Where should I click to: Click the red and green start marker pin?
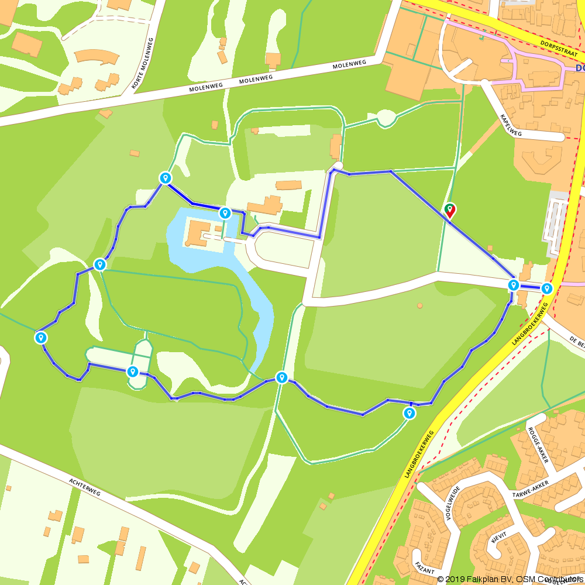pyautogui.click(x=450, y=210)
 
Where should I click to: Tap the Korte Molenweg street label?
pyautogui.click(x=143, y=64)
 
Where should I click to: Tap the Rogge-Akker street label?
pyautogui.click(x=538, y=445)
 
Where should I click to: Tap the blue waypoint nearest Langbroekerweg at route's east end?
pyautogui.click(x=546, y=288)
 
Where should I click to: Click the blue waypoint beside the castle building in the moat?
pyautogui.click(x=225, y=213)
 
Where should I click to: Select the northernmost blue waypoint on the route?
pyautogui.click(x=166, y=177)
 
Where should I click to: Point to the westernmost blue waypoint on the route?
pyautogui.click(x=41, y=337)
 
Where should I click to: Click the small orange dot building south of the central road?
pyautogui.click(x=419, y=305)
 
